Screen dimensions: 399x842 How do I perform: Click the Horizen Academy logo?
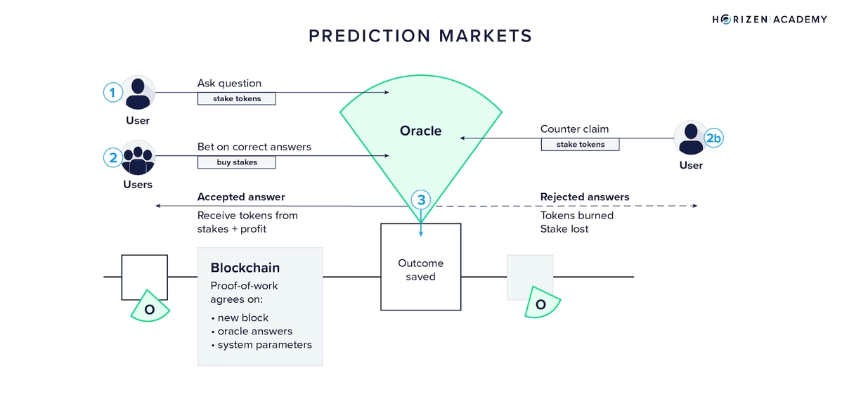coord(769,19)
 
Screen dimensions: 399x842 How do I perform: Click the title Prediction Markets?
coord(420,36)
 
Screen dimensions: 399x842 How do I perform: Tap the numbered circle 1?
coord(112,92)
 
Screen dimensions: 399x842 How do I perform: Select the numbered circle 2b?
coord(713,138)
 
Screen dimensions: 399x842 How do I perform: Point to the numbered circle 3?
coord(421,200)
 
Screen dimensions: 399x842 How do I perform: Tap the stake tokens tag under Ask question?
coord(236,99)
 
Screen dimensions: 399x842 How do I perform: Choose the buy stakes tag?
coord(236,162)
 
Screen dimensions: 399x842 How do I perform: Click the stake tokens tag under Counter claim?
coord(580,145)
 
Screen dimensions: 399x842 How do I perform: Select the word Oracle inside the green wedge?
coord(420,131)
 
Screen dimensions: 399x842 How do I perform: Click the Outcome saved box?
coord(420,270)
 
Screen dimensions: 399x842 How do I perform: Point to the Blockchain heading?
coord(245,268)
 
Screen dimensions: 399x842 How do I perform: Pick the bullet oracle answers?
coord(254,331)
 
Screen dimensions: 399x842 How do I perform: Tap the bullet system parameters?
coord(264,344)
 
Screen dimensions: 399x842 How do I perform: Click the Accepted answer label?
coord(241,197)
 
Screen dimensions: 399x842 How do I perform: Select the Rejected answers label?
coord(584,197)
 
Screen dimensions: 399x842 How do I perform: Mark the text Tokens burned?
coord(576,216)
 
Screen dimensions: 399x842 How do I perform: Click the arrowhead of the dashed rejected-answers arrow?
coord(694,206)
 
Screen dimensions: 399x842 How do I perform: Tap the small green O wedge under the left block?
coord(150,307)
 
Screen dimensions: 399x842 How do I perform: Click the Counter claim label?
coord(574,129)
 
